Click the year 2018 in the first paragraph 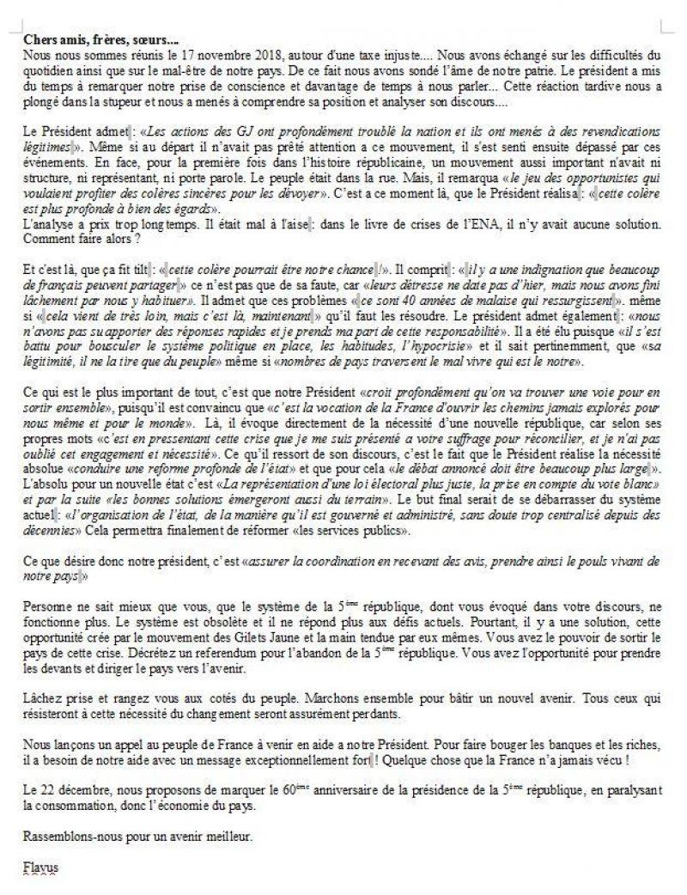pos(245,54)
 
